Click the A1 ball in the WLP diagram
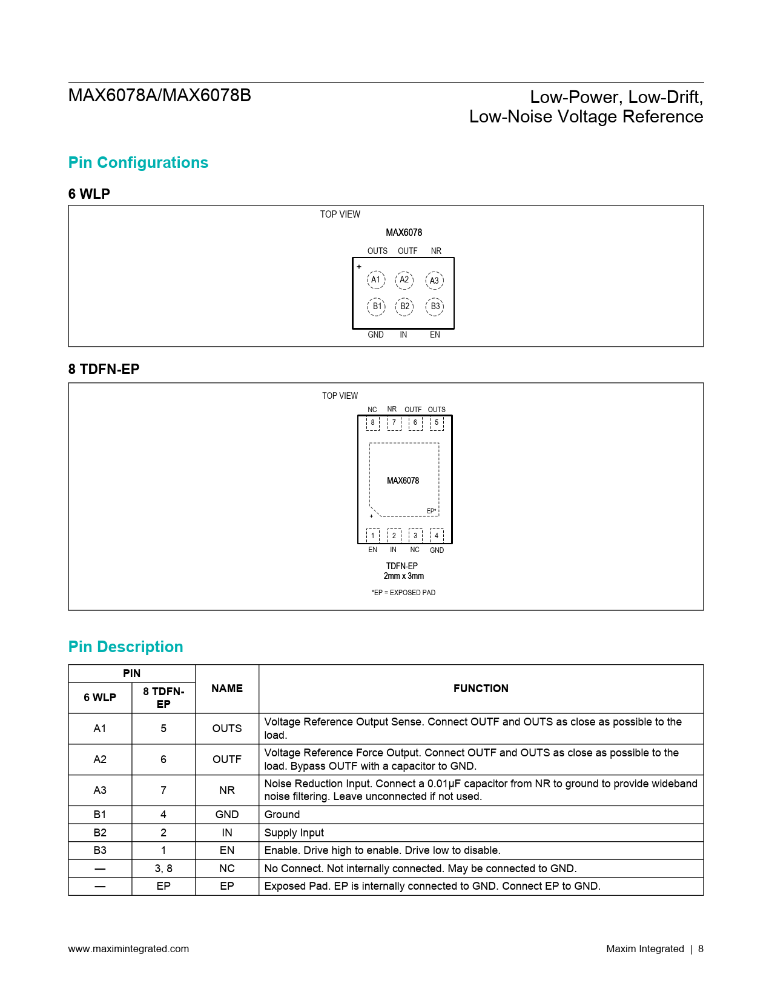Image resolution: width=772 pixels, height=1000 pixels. (x=376, y=279)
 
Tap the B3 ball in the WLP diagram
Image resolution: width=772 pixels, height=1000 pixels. (x=435, y=307)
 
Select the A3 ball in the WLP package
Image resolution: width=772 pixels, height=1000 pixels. (x=434, y=281)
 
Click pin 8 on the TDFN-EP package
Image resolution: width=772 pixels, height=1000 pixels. (x=372, y=423)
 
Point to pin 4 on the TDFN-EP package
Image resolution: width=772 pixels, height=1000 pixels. (x=437, y=536)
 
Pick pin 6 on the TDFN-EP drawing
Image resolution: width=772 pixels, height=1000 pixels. (x=415, y=423)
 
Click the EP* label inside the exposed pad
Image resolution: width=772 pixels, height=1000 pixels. (x=431, y=511)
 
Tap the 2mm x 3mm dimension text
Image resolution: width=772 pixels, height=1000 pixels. (x=403, y=576)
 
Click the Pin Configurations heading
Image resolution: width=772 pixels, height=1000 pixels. (x=138, y=162)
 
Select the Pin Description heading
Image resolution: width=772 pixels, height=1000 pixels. (x=125, y=647)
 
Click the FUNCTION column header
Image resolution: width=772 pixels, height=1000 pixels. (x=481, y=688)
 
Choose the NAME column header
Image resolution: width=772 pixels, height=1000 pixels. (x=227, y=688)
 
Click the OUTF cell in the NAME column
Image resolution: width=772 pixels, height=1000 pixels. (x=227, y=759)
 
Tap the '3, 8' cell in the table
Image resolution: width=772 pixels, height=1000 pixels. (x=163, y=868)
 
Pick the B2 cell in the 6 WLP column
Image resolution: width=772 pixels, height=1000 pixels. (x=100, y=833)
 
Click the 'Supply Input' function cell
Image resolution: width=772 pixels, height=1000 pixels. (x=294, y=833)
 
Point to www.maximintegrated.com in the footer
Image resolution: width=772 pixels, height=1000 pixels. (x=128, y=948)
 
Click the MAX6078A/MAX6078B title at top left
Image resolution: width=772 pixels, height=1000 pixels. (x=159, y=96)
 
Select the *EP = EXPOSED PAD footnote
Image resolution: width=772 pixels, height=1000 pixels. (x=403, y=593)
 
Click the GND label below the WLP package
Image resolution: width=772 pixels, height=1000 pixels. (x=375, y=335)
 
